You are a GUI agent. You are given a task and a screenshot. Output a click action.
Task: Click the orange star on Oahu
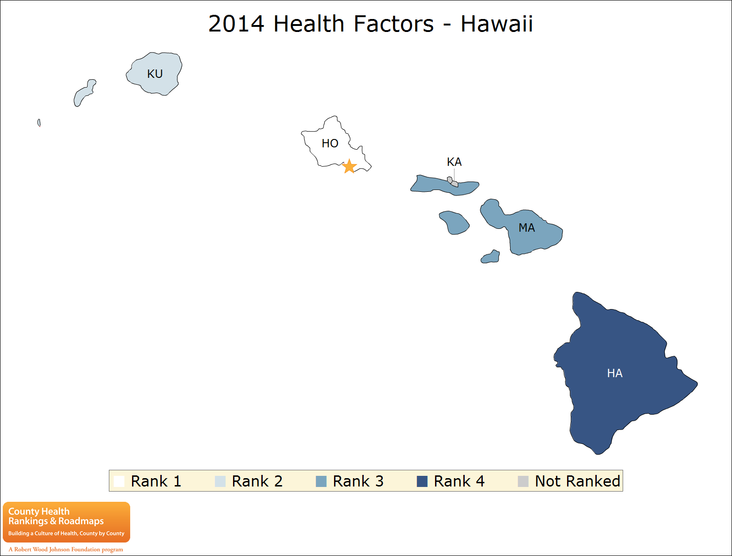[x=349, y=166]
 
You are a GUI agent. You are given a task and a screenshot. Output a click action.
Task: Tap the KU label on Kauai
[x=155, y=74]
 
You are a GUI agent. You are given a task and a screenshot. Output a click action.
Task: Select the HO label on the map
[x=330, y=144]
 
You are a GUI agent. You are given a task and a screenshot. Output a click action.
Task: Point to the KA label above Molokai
[x=454, y=162]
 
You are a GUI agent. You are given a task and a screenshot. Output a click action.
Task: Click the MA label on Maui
[x=527, y=228]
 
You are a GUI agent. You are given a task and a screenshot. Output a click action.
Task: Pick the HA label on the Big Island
[x=615, y=373]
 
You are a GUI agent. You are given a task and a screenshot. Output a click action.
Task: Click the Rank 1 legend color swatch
[x=119, y=481]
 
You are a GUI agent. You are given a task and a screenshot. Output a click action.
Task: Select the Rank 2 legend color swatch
[x=220, y=481]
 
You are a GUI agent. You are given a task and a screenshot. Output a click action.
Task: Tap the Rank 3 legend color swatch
[x=321, y=481]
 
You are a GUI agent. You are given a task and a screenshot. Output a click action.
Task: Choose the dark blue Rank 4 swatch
[x=422, y=481]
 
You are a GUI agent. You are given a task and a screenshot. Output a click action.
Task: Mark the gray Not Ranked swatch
[x=523, y=481]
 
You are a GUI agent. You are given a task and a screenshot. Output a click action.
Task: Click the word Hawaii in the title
[x=497, y=24]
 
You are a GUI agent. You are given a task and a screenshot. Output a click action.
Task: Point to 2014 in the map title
[x=236, y=24]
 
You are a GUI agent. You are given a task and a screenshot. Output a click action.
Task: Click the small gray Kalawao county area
[x=452, y=182]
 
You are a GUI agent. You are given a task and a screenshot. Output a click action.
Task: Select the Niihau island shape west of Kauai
[x=84, y=93]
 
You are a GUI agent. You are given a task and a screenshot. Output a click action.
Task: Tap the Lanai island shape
[x=454, y=223]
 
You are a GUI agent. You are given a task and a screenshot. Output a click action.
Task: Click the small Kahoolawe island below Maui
[x=491, y=257]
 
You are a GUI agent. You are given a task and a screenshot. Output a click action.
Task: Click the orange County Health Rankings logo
[x=66, y=522]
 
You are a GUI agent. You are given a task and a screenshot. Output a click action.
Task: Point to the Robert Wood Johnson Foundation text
[x=66, y=550]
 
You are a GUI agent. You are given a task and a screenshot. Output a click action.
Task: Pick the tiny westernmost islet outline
[x=39, y=123]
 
